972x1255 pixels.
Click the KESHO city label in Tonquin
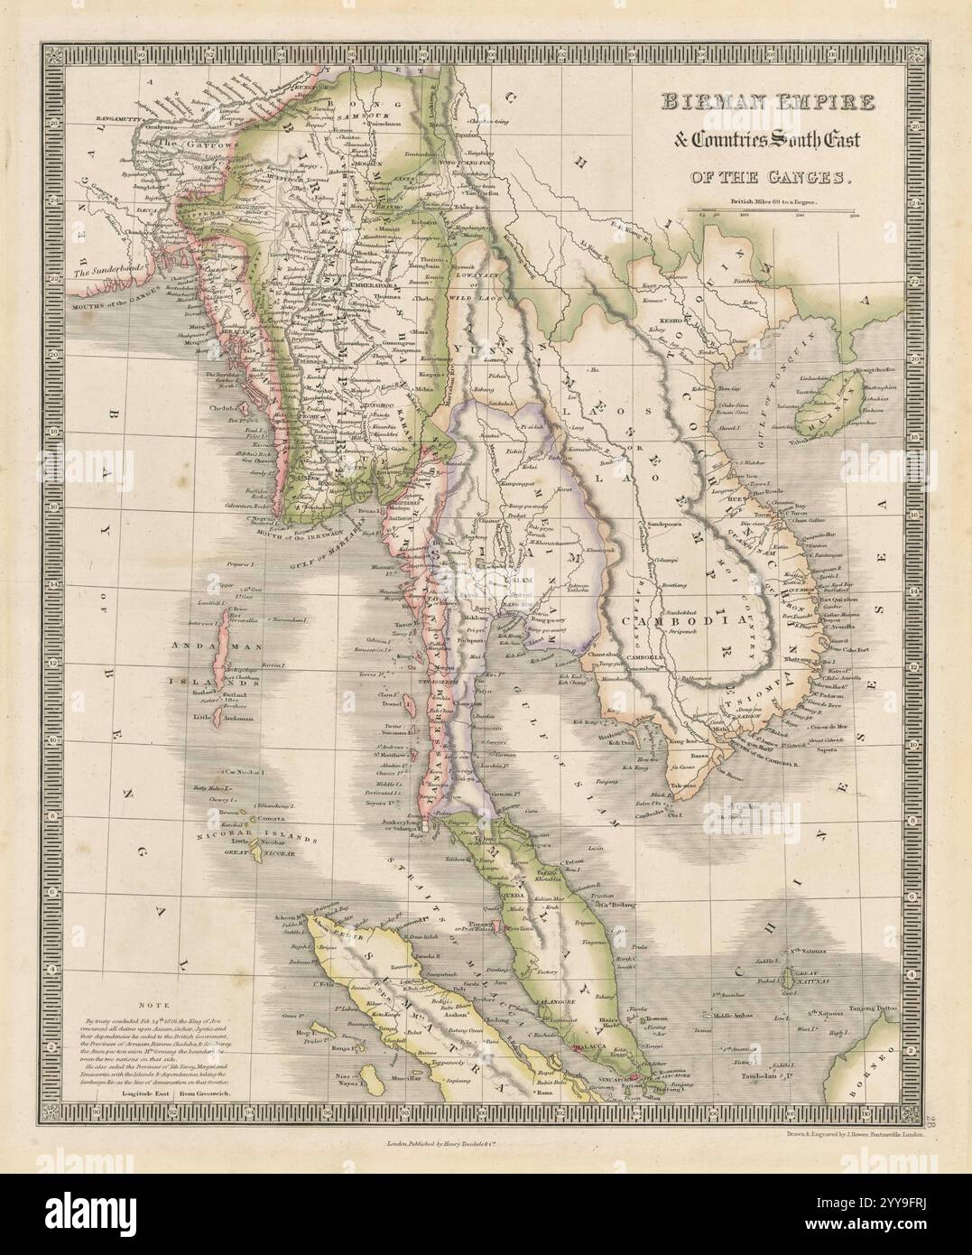point(669,318)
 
